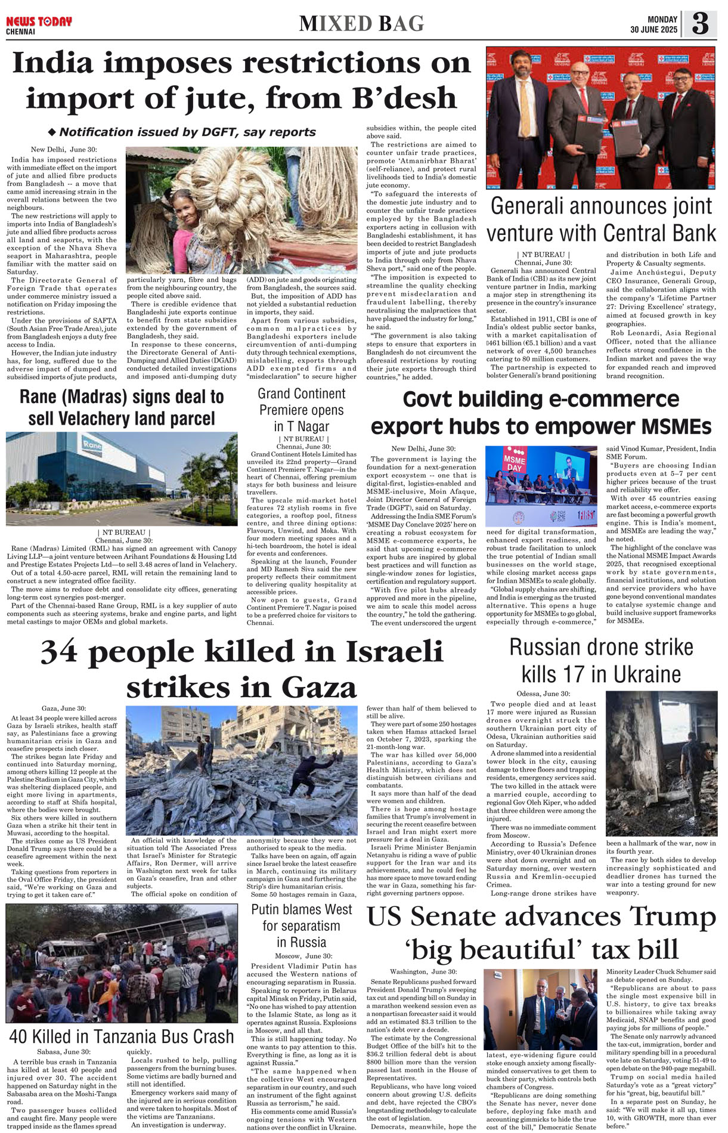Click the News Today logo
tap(39, 22)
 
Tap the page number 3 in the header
tap(700, 23)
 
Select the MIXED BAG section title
tap(361, 23)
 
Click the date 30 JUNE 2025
tap(654, 30)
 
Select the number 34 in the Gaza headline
tap(60, 651)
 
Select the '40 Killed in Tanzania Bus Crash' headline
tap(122, 1036)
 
